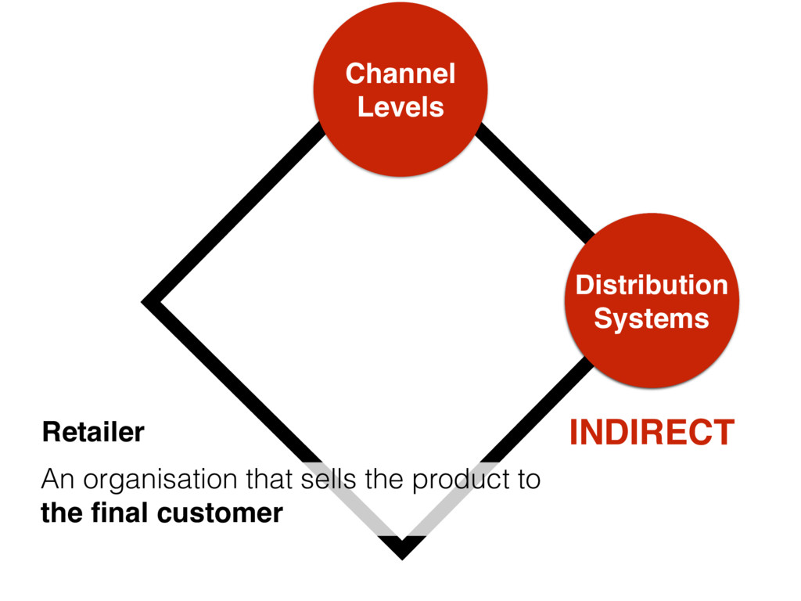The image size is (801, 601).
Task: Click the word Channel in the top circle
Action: tap(400, 74)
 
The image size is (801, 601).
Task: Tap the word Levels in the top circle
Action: tap(400, 106)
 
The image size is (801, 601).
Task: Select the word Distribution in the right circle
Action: tap(651, 286)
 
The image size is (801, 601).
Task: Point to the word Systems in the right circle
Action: tap(651, 318)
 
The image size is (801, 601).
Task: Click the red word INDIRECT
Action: tap(652, 433)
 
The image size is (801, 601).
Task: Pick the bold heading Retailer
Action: tap(93, 432)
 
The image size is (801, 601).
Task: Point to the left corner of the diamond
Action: tap(149, 301)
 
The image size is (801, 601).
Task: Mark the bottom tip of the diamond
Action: tap(400, 552)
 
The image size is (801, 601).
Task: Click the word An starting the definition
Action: tap(56, 478)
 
